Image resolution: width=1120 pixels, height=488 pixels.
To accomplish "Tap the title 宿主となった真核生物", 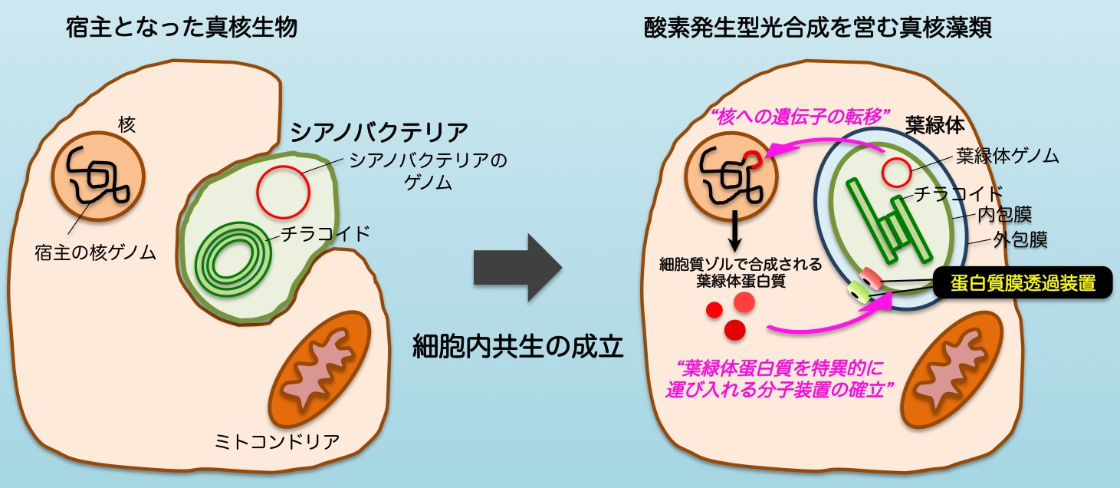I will (182, 30).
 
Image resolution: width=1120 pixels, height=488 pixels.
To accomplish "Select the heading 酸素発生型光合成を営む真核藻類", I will (819, 30).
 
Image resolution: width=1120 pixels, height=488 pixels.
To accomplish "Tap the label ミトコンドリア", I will (278, 442).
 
